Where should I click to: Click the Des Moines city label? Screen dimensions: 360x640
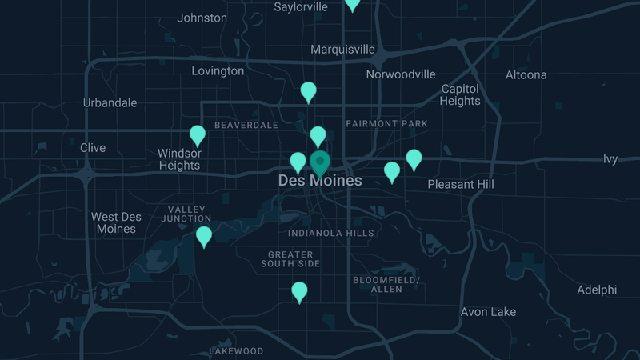click(x=319, y=181)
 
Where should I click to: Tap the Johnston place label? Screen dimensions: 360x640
click(x=202, y=18)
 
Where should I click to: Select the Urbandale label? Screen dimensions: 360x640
click(x=110, y=102)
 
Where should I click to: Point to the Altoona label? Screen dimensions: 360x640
click(x=526, y=74)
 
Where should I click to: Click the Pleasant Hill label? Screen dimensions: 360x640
click(x=461, y=184)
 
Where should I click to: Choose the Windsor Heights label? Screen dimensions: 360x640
click(x=179, y=159)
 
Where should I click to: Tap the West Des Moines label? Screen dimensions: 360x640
click(x=116, y=223)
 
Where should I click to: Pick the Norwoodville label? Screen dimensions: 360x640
click(x=401, y=74)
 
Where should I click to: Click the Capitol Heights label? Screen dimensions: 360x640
click(x=460, y=94)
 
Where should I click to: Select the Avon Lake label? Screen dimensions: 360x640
click(x=488, y=311)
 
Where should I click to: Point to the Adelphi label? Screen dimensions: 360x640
click(x=597, y=290)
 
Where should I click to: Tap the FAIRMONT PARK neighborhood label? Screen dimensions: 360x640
click(x=386, y=124)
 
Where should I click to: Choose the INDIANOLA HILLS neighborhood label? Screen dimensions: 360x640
click(x=331, y=233)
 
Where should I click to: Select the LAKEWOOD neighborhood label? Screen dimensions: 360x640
click(x=236, y=351)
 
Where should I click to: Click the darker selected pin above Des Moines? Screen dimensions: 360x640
click(x=320, y=162)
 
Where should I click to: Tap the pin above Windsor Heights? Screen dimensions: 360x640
click(x=198, y=135)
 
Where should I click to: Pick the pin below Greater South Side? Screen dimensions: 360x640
click(x=299, y=291)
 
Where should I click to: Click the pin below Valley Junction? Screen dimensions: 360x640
click(x=204, y=236)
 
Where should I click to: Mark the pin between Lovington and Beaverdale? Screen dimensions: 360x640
click(x=309, y=91)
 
